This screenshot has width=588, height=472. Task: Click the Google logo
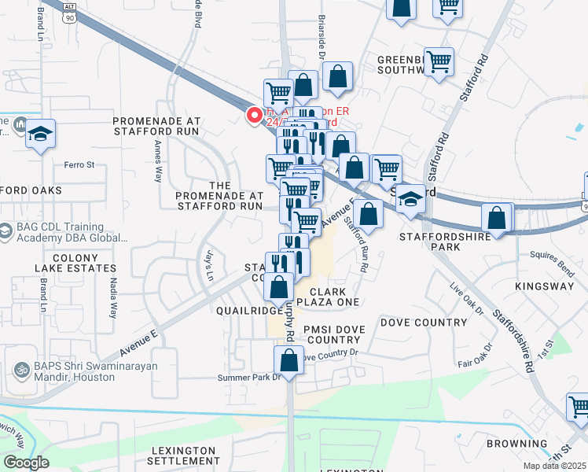(x=26, y=463)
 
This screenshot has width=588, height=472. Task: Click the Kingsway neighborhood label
(x=545, y=286)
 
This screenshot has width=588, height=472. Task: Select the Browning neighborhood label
(x=517, y=444)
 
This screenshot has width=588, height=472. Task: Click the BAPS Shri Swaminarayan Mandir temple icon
(x=20, y=367)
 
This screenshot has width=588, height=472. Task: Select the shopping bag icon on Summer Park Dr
(x=288, y=361)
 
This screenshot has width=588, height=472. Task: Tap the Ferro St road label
(x=79, y=165)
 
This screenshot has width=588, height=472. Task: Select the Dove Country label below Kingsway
(x=423, y=323)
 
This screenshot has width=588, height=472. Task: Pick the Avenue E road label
(x=139, y=339)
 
